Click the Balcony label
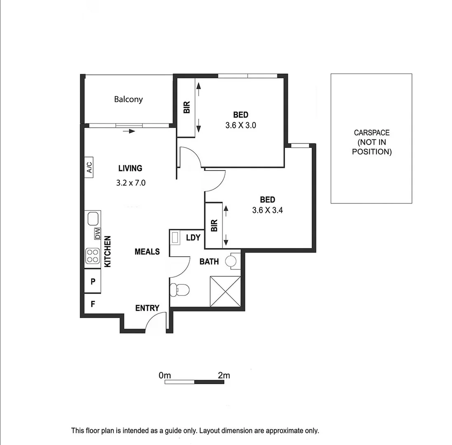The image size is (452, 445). [129, 99]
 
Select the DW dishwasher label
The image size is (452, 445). [98, 234]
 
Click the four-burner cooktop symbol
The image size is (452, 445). [92, 256]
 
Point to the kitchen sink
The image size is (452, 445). [93, 218]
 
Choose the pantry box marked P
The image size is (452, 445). [93, 282]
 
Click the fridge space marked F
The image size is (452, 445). [93, 304]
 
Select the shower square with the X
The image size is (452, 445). [225, 292]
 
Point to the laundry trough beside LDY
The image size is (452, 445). [175, 238]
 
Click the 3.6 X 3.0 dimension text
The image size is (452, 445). [241, 125]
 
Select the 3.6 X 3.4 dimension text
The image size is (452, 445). [267, 210]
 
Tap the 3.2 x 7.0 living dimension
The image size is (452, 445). [131, 183]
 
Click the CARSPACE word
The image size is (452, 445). [371, 133]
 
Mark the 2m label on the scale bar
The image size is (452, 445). [224, 375]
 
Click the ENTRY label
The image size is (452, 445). [147, 308]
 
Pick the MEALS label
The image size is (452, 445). [147, 251]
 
